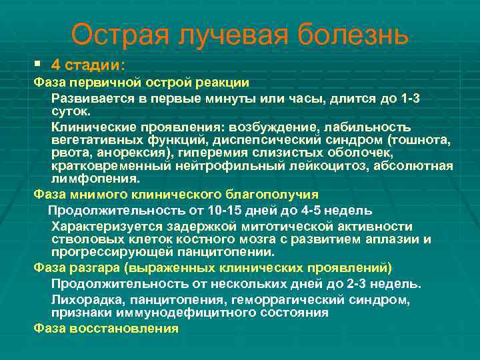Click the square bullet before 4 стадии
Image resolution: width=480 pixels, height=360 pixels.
(x=38, y=65)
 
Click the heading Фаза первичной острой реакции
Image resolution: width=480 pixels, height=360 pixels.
(x=141, y=83)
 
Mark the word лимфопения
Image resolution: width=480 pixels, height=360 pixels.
(x=95, y=179)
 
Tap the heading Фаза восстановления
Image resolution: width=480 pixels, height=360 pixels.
(x=106, y=328)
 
